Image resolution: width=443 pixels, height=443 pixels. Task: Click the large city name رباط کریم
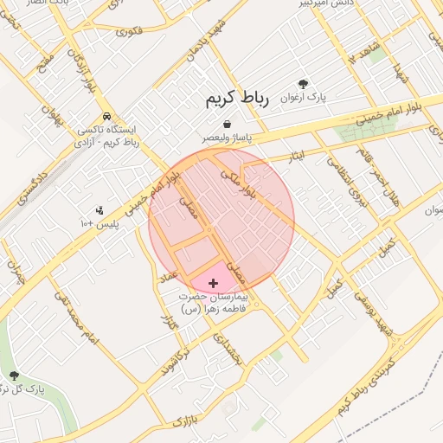[237, 99]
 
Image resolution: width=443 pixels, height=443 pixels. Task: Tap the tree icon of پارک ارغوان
[302, 83]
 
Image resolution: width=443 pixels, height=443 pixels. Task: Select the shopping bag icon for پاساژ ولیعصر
[226, 125]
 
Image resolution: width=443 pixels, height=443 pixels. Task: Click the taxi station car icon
[106, 116]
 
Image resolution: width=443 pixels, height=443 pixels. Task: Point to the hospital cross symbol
[213, 283]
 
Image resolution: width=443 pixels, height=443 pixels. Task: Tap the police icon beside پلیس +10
[100, 210]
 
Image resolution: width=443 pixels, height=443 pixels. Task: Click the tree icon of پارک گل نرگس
[13, 375]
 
